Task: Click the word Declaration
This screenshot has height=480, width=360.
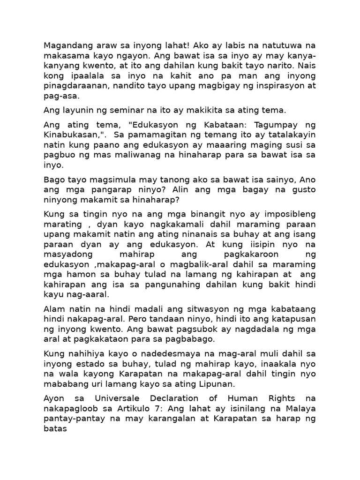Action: click(x=178, y=399)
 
